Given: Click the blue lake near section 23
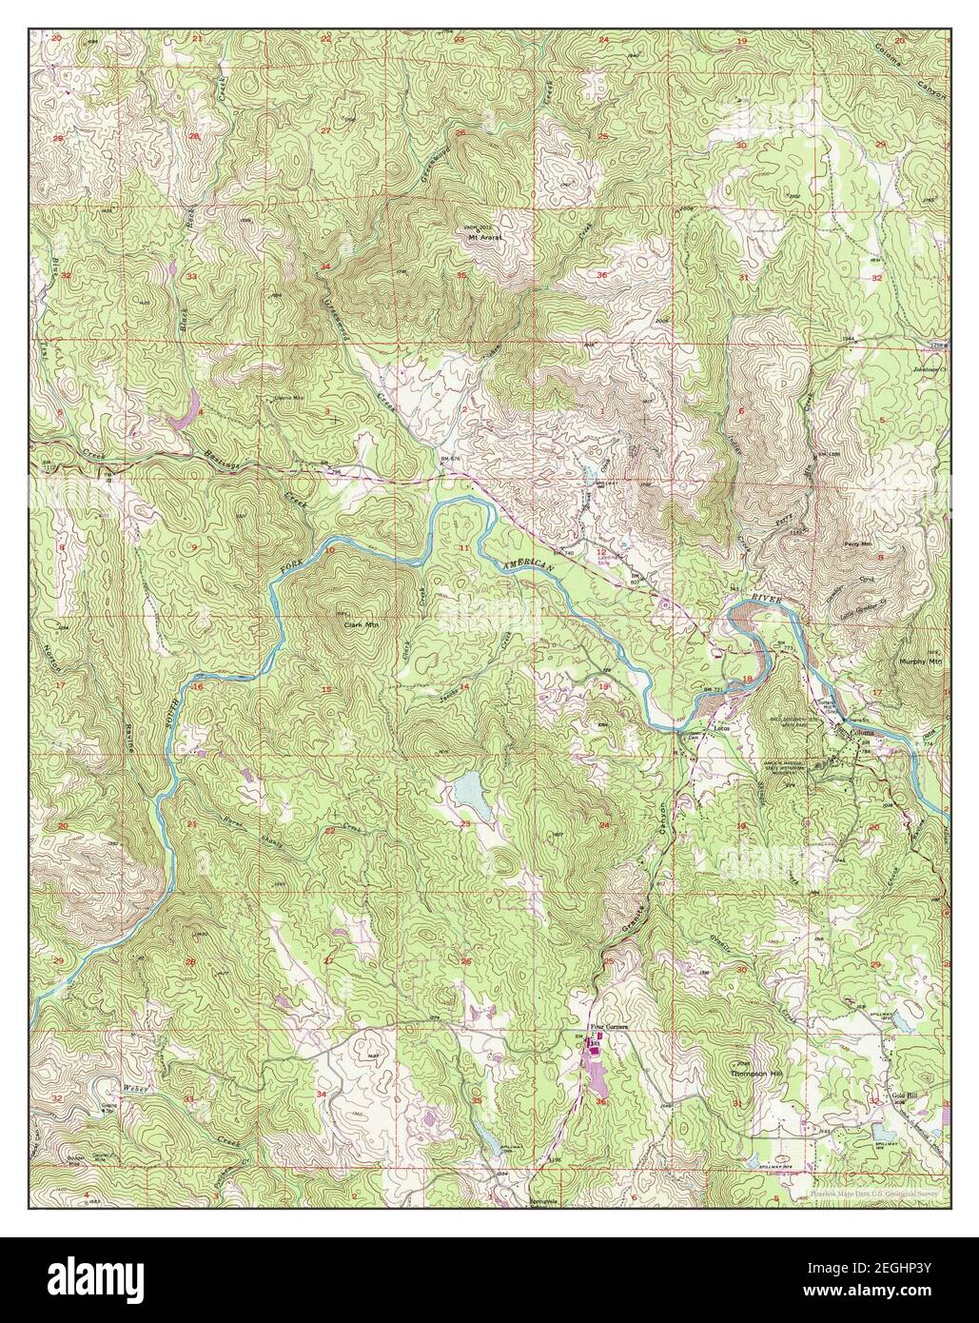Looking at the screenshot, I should click(470, 790).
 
